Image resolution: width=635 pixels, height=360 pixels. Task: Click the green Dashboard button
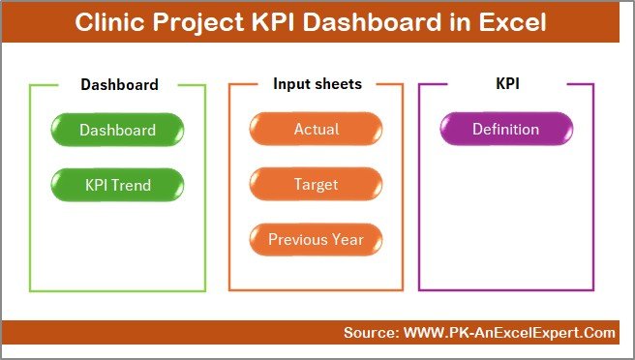[117, 130]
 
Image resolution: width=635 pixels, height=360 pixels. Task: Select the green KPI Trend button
[117, 184]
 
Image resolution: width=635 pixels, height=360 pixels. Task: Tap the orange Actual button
[316, 130]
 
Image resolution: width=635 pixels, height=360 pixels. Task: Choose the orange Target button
[316, 184]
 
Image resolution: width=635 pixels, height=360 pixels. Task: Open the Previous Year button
[316, 239]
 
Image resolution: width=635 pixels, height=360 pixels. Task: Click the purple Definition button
[505, 130]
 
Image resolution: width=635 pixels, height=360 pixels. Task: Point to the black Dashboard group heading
[119, 84]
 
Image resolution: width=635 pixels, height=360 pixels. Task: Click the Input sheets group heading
[317, 84]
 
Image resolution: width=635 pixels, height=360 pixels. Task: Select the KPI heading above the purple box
[505, 84]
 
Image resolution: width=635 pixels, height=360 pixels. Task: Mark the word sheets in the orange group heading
[338, 84]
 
